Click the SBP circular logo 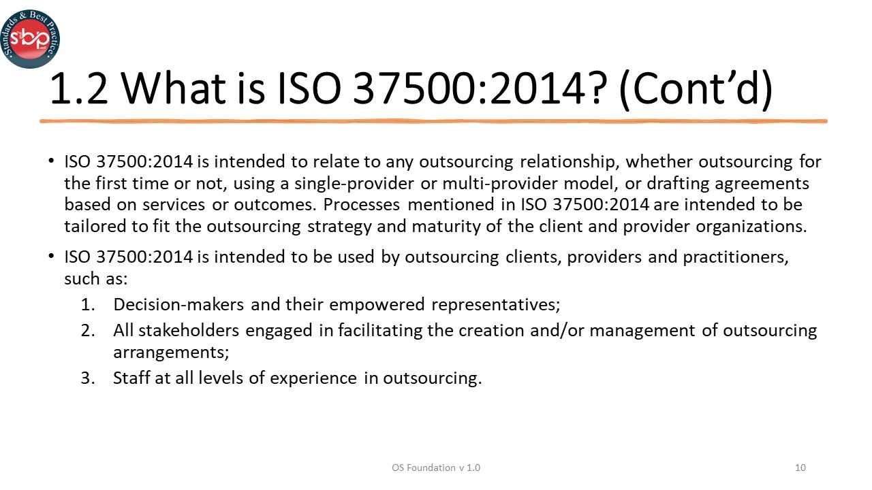click(x=30, y=38)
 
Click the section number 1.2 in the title click(x=79, y=89)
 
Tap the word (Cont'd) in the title click(x=696, y=89)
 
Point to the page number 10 click(x=800, y=468)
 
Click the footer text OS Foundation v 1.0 click(x=436, y=468)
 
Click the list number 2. click(x=88, y=331)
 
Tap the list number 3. click(x=88, y=378)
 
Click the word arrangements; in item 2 click(x=171, y=353)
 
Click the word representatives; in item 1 click(x=496, y=304)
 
